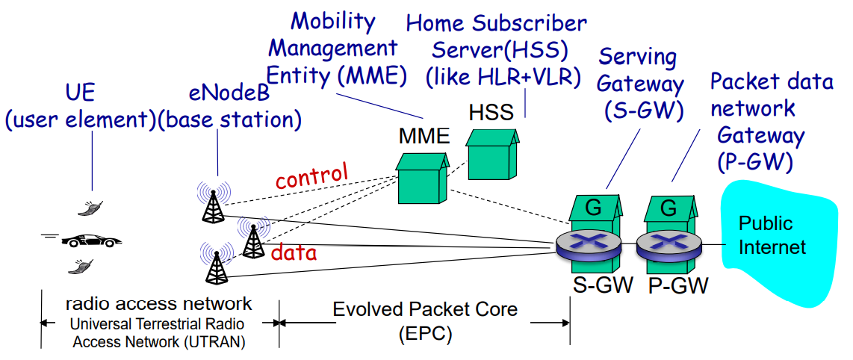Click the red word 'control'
pos(311,176)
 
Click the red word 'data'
pos(294,252)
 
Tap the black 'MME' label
pos(424,136)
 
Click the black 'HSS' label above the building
pos(491,113)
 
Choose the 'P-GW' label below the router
pos(677,285)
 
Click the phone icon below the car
pos(82,265)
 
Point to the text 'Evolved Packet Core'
pos(425,308)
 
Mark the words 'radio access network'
pos(158,303)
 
